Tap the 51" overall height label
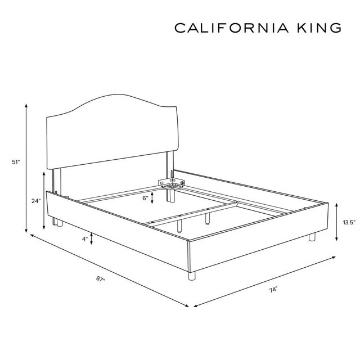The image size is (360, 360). pyautogui.click(x=16, y=162)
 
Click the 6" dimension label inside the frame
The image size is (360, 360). pyautogui.click(x=145, y=198)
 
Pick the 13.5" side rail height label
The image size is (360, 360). pyautogui.click(x=349, y=222)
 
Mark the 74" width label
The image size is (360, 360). pyautogui.click(x=273, y=290)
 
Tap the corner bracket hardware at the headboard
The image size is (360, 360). pyautogui.click(x=171, y=182)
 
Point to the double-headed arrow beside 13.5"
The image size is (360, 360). pyautogui.click(x=336, y=222)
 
